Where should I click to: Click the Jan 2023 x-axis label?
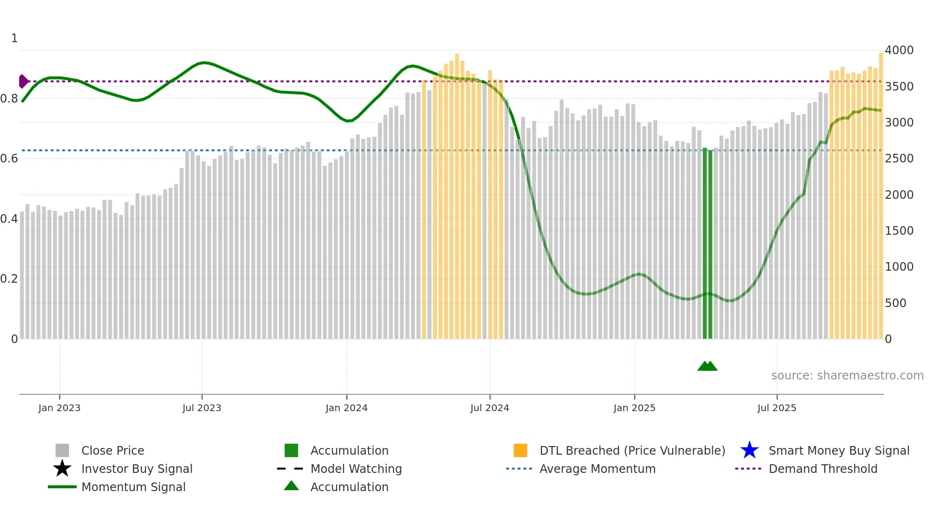(x=59, y=408)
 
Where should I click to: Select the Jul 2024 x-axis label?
(x=490, y=408)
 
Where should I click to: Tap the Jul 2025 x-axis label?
(x=777, y=408)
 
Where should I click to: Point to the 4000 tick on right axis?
(x=899, y=50)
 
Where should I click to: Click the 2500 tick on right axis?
(x=899, y=158)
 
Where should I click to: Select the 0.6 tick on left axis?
(x=9, y=158)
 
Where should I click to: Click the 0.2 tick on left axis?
(x=9, y=278)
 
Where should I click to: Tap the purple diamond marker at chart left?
(x=23, y=81)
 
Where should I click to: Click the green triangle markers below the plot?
(x=707, y=366)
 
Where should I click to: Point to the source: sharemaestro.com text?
(x=847, y=375)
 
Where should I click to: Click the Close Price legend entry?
(x=113, y=450)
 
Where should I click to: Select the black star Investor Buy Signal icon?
(x=62, y=469)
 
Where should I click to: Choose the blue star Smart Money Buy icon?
(x=749, y=450)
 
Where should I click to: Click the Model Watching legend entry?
(x=356, y=469)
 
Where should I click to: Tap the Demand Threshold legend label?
(x=823, y=469)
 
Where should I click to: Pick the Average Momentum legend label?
(x=597, y=469)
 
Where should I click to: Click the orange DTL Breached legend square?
(x=520, y=450)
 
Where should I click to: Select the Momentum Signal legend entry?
(x=133, y=487)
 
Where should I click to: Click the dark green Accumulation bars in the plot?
(x=707, y=244)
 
